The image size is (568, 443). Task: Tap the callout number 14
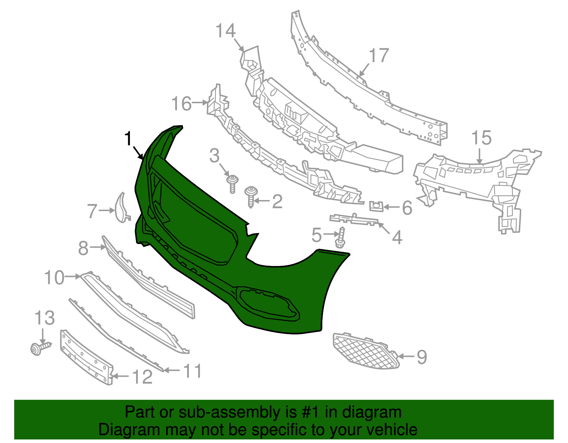point(226,31)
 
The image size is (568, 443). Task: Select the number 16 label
point(182,104)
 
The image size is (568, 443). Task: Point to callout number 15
point(481,138)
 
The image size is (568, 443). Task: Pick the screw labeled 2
point(251,197)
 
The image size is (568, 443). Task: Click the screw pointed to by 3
point(233,184)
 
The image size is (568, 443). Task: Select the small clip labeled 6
point(376,206)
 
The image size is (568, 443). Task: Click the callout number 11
point(192,371)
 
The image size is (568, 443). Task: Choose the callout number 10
point(54,277)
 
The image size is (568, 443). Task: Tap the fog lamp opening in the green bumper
point(269,304)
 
